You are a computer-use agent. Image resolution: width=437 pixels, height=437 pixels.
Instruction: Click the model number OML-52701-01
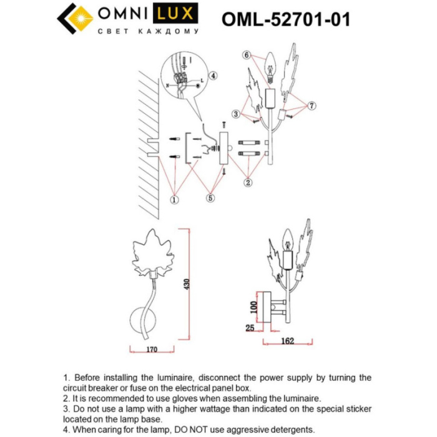[x=285, y=19]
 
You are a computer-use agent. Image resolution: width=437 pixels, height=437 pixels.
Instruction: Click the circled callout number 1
[x=174, y=200]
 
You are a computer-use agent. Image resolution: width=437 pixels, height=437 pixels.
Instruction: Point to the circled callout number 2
[x=248, y=183]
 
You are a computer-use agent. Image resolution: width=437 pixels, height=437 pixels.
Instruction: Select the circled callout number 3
[x=236, y=114]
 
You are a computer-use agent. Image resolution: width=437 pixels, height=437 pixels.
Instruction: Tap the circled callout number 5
[x=210, y=199]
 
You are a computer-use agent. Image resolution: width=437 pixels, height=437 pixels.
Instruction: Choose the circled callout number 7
[x=312, y=106]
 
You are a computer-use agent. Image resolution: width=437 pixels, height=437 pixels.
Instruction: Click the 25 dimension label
[x=250, y=327]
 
